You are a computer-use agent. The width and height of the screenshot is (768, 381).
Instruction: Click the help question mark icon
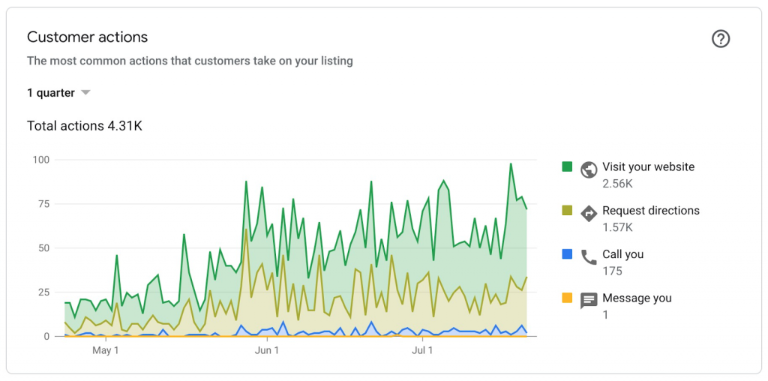721,39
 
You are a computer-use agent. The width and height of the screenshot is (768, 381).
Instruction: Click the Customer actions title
87,37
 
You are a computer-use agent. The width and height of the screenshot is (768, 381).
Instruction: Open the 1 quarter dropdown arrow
85,93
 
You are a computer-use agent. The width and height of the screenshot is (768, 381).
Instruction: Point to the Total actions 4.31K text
85,126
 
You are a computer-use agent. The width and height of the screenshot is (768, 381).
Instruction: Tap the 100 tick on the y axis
40,160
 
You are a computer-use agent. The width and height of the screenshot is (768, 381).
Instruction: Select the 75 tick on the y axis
43,204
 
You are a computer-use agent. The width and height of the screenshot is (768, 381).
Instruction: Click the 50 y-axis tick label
43,248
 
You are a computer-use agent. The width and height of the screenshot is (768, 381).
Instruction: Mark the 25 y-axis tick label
43,292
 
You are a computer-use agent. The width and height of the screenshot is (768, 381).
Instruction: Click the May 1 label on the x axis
106,350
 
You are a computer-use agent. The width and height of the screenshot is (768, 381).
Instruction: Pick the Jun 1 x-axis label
266,350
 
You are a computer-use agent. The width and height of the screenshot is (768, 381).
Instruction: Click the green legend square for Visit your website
568,166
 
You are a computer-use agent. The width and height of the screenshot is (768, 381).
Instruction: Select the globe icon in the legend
589,169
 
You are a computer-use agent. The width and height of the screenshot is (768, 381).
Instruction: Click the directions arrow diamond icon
589,213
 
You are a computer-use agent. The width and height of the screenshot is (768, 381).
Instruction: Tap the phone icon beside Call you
589,256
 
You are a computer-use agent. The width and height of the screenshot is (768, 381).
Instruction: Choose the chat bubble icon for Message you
589,301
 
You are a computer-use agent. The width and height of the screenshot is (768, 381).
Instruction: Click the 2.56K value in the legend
617,184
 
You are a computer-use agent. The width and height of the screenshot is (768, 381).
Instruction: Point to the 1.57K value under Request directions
617,227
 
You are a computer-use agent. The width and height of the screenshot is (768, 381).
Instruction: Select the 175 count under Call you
612,271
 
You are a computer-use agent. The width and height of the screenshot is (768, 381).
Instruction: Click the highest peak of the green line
511,163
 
